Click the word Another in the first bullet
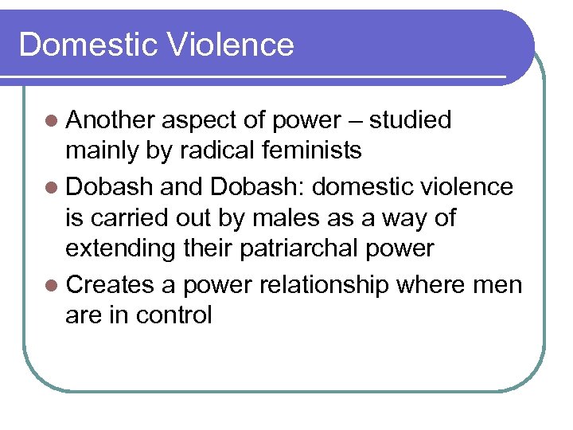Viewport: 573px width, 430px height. coord(111,120)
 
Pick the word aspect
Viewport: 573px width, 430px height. coord(195,121)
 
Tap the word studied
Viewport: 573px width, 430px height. coord(411,120)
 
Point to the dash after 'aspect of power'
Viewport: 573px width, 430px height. coord(354,121)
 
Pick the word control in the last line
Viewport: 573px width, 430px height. coord(173,315)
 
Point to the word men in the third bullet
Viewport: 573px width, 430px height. coord(499,286)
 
